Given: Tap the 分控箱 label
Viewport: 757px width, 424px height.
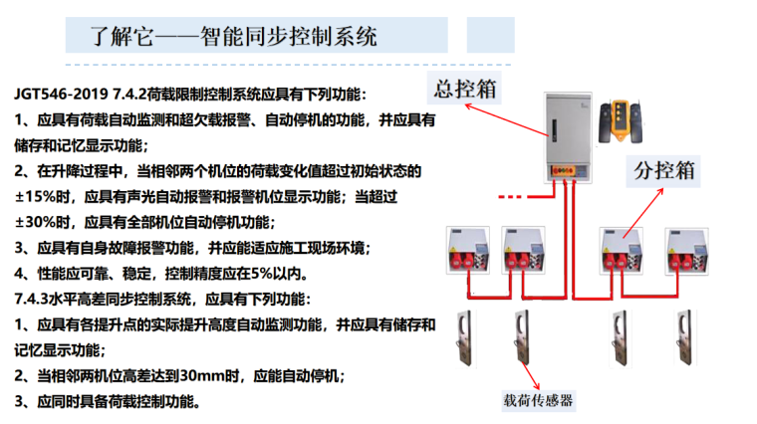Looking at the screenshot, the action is pos(664,169).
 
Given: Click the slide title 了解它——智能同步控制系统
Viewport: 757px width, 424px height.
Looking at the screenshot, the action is pos(233,38).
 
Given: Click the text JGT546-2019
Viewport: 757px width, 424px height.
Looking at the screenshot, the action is pos(56,95).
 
